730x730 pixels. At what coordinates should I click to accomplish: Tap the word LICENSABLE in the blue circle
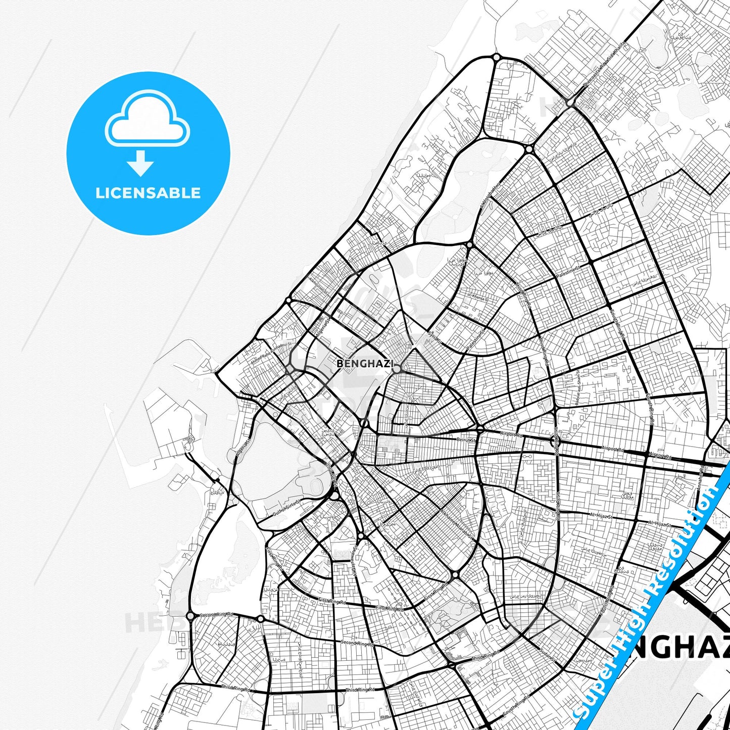[x=148, y=193]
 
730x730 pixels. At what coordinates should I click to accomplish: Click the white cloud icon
[x=147, y=120]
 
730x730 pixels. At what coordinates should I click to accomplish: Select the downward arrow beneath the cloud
[x=140, y=164]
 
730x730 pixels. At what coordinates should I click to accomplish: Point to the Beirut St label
[x=466, y=440]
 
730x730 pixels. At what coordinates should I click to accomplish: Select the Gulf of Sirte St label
[x=286, y=508]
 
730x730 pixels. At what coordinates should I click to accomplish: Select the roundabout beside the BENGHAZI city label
[x=397, y=369]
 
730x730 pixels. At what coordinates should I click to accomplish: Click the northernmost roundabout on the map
[x=497, y=58]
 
